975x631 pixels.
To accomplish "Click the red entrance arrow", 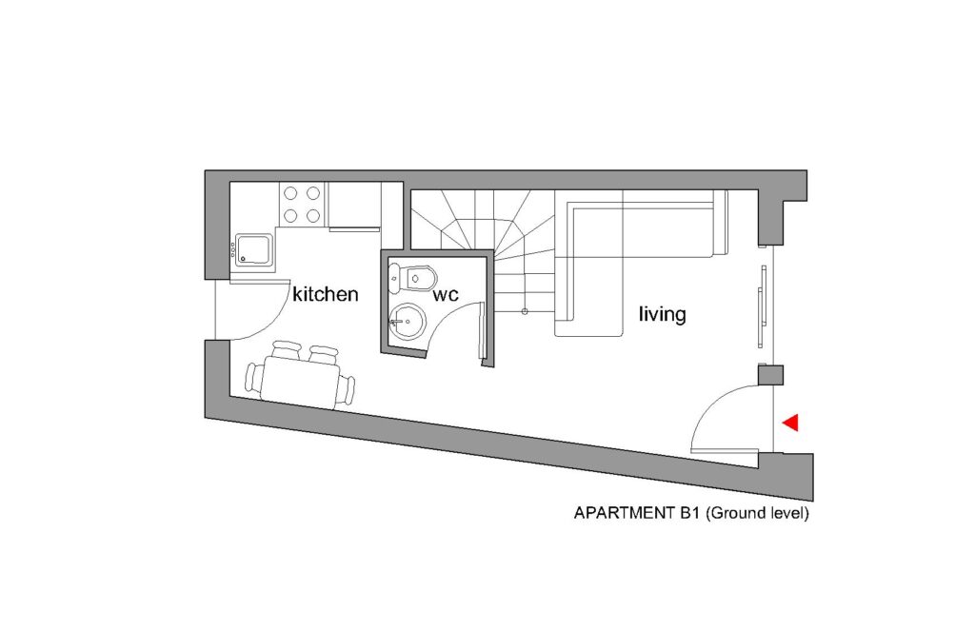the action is tap(791, 424).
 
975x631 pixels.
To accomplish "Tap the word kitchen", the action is tap(326, 294).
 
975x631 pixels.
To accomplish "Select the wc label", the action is tap(446, 295).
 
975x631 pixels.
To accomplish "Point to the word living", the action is tap(663, 314).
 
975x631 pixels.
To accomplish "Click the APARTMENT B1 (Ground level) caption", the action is tap(691, 514).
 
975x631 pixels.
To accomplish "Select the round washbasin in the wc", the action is tap(408, 322).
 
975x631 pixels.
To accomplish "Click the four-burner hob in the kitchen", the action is tap(302, 205).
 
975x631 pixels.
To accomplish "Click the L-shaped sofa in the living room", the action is tap(641, 261).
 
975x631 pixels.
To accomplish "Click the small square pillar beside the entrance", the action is tap(770, 376).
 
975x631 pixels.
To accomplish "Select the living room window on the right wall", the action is tap(763, 306).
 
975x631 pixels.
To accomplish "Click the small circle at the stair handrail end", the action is tap(525, 311).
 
